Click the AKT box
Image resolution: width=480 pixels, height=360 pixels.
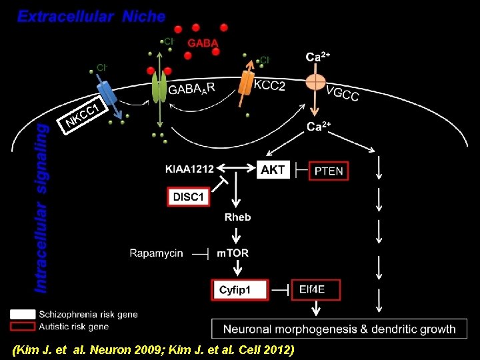click(x=273, y=170)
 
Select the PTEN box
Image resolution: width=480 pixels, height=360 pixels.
click(x=328, y=171)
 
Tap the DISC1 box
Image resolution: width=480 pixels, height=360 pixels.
click(x=189, y=197)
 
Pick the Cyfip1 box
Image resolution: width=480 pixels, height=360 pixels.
click(x=239, y=290)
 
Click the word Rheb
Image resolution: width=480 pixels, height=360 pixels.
click(x=237, y=217)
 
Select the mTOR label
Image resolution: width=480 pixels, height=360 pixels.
click(x=233, y=253)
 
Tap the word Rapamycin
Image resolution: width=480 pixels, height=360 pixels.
click(x=156, y=253)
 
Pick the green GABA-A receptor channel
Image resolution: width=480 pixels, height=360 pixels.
click(x=159, y=87)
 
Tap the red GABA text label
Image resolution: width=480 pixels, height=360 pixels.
click(x=203, y=43)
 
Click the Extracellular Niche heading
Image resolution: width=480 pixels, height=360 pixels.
click(x=91, y=17)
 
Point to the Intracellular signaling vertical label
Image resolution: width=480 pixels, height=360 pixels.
click(x=41, y=207)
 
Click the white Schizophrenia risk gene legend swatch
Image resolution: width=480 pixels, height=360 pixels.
click(x=23, y=313)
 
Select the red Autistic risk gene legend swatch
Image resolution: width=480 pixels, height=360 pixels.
click(x=23, y=326)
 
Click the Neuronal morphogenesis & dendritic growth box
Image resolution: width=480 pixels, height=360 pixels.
click(x=339, y=329)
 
